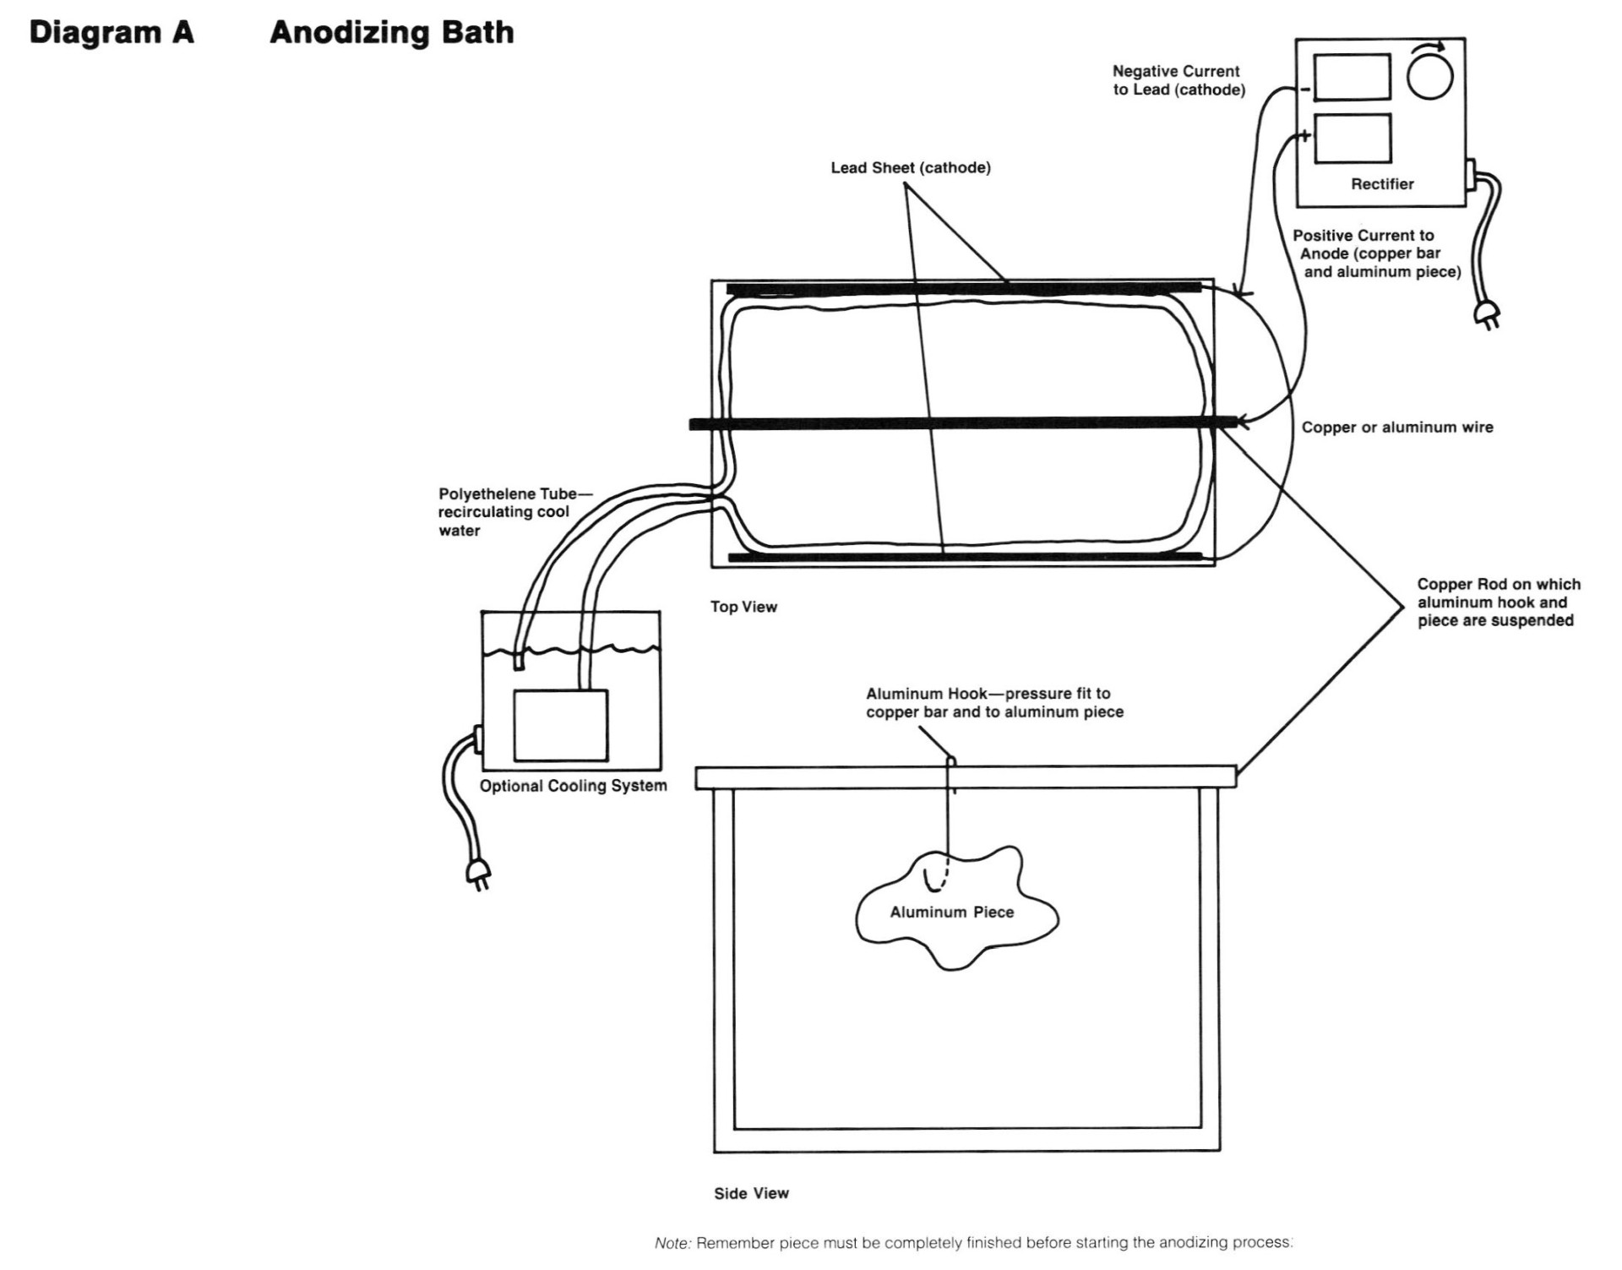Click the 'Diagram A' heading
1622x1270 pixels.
tap(112, 33)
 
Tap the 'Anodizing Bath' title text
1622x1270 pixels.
tap(391, 33)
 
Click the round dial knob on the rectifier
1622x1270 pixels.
tap(1429, 76)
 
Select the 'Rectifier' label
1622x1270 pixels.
tap(1382, 184)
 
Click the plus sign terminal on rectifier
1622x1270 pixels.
tap(1304, 135)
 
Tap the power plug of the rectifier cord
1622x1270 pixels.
tap(1487, 314)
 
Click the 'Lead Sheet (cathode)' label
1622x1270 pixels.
tap(910, 167)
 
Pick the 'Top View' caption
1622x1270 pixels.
tap(743, 607)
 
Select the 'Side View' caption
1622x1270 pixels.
tap(751, 1193)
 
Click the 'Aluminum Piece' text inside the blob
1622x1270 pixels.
tap(951, 913)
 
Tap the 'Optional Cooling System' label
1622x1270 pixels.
tap(573, 786)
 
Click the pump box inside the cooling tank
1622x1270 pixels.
tap(560, 725)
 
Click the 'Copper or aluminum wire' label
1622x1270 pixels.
tap(1396, 428)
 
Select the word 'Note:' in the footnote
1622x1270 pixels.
tap(673, 1243)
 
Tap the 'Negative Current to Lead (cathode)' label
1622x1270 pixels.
tap(1178, 80)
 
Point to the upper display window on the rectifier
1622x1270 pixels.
tap(1352, 77)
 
